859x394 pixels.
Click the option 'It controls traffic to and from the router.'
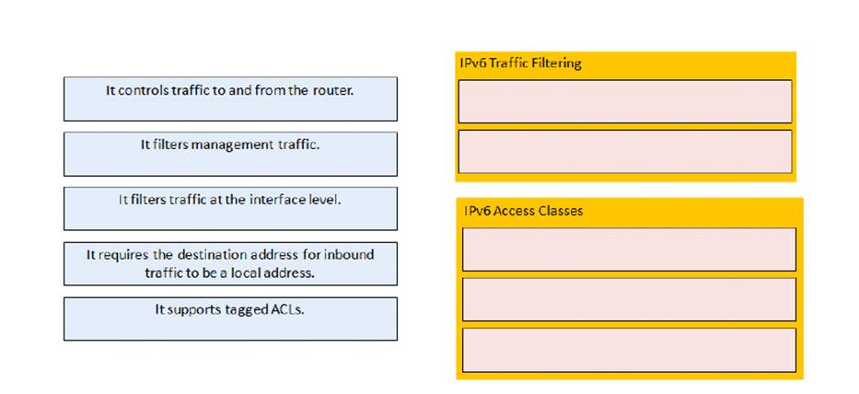coord(230,98)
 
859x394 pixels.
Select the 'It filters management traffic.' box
coord(230,154)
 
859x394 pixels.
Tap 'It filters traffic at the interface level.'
coord(230,208)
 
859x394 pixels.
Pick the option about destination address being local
coord(230,263)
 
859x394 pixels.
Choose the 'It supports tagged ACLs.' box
coord(230,319)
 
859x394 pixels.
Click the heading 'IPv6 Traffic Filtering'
coord(520,64)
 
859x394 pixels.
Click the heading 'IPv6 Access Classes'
coord(523,211)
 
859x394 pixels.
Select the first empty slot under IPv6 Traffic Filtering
coord(625,101)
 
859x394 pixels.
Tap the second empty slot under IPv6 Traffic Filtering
coord(625,152)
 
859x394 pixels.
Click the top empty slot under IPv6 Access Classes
coord(629,249)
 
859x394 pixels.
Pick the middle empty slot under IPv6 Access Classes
coord(629,299)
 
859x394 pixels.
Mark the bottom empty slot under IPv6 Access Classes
coord(629,350)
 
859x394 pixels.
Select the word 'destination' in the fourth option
coord(211,255)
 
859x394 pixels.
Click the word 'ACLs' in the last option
coord(286,309)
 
